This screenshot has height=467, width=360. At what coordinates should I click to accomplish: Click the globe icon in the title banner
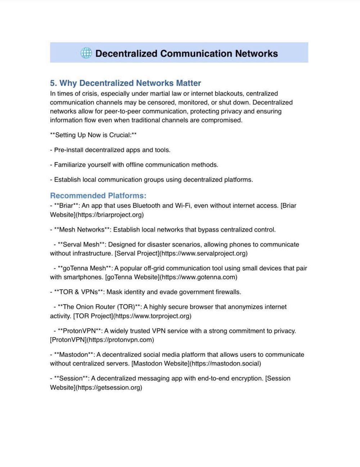coord(86,53)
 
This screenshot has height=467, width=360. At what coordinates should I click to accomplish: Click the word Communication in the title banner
coord(196,54)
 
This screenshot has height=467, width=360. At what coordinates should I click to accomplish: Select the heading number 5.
coord(53,83)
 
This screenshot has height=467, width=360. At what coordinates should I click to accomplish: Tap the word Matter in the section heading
coord(188,83)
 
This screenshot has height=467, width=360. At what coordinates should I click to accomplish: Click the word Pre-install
coord(68,150)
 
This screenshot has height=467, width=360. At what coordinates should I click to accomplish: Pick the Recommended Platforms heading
coord(98,196)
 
